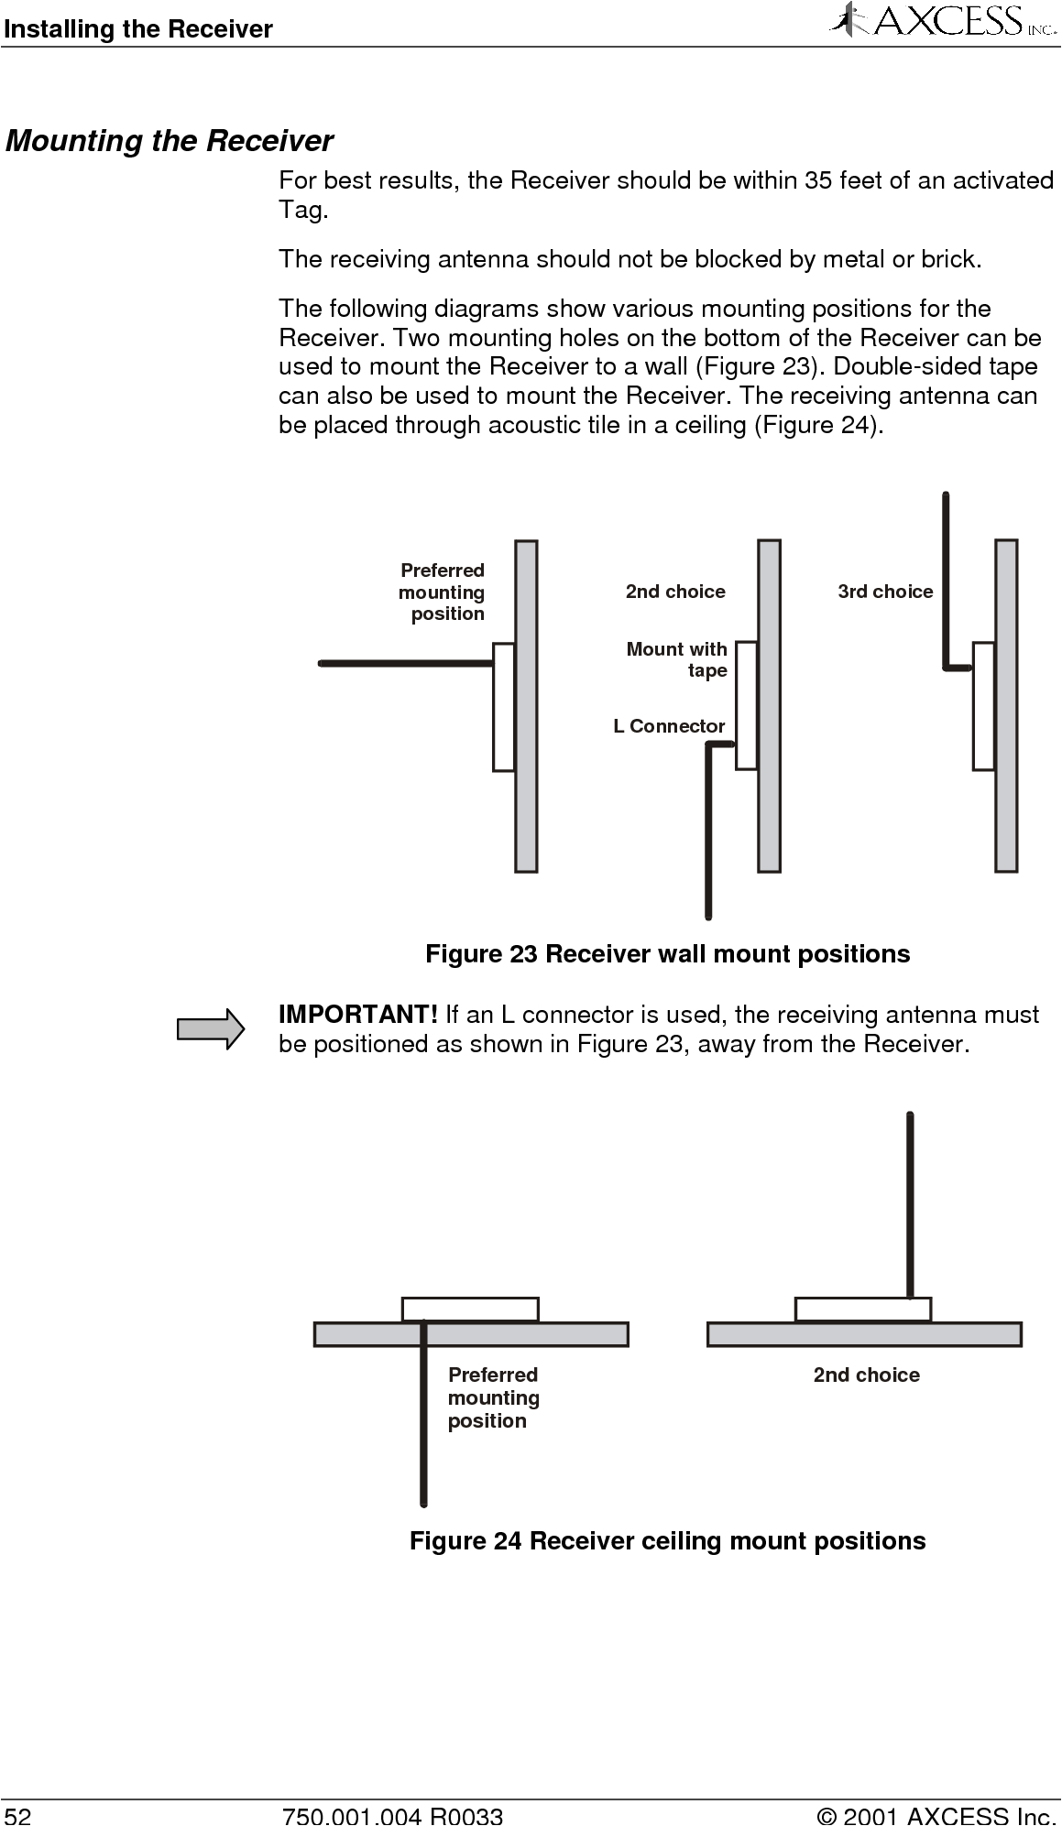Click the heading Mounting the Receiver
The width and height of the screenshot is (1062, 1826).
pyautogui.click(x=170, y=141)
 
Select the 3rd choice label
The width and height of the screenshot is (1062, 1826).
pyautogui.click(x=885, y=592)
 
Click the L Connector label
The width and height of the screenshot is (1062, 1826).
pyautogui.click(x=669, y=726)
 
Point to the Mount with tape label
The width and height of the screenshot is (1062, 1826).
pyautogui.click(x=677, y=659)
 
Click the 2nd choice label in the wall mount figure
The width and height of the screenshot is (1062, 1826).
pyautogui.click(x=675, y=592)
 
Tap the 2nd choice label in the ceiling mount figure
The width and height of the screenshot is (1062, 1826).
pyautogui.click(x=866, y=1375)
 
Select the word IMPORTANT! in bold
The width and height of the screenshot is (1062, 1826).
pyautogui.click(x=358, y=1015)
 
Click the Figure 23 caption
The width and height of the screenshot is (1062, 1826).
pyautogui.click(x=667, y=954)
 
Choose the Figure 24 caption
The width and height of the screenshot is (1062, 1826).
pyautogui.click(x=667, y=1541)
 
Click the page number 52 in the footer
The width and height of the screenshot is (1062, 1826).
pyautogui.click(x=16, y=1816)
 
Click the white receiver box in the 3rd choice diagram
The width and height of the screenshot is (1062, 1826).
pyautogui.click(x=983, y=706)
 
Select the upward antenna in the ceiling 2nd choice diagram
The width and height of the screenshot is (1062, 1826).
pyautogui.click(x=910, y=1204)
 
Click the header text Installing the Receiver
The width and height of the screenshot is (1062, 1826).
pyautogui.click(x=137, y=29)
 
